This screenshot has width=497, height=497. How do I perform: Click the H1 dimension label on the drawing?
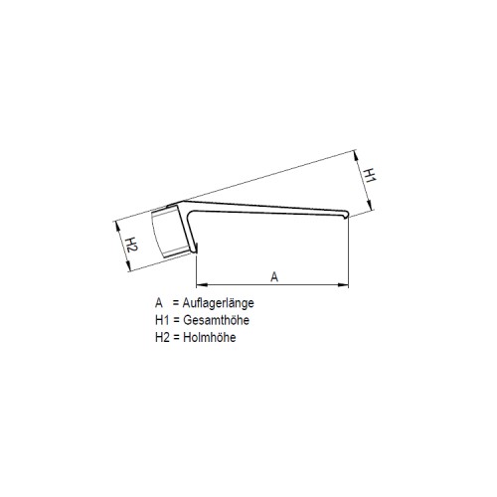point(370,175)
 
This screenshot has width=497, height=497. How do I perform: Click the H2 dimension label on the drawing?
point(132,245)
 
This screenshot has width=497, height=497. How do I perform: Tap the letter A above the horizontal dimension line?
point(274,276)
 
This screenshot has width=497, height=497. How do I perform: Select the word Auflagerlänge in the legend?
point(219,303)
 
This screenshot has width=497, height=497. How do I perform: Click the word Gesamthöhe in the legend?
point(216,320)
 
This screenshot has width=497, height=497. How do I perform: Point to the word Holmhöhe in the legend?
point(210,337)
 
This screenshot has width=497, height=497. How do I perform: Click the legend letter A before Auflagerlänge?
point(159,303)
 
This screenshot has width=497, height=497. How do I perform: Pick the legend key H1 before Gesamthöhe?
point(162,320)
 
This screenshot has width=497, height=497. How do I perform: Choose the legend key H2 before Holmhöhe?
point(163,337)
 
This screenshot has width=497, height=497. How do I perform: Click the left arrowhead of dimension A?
point(202,284)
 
